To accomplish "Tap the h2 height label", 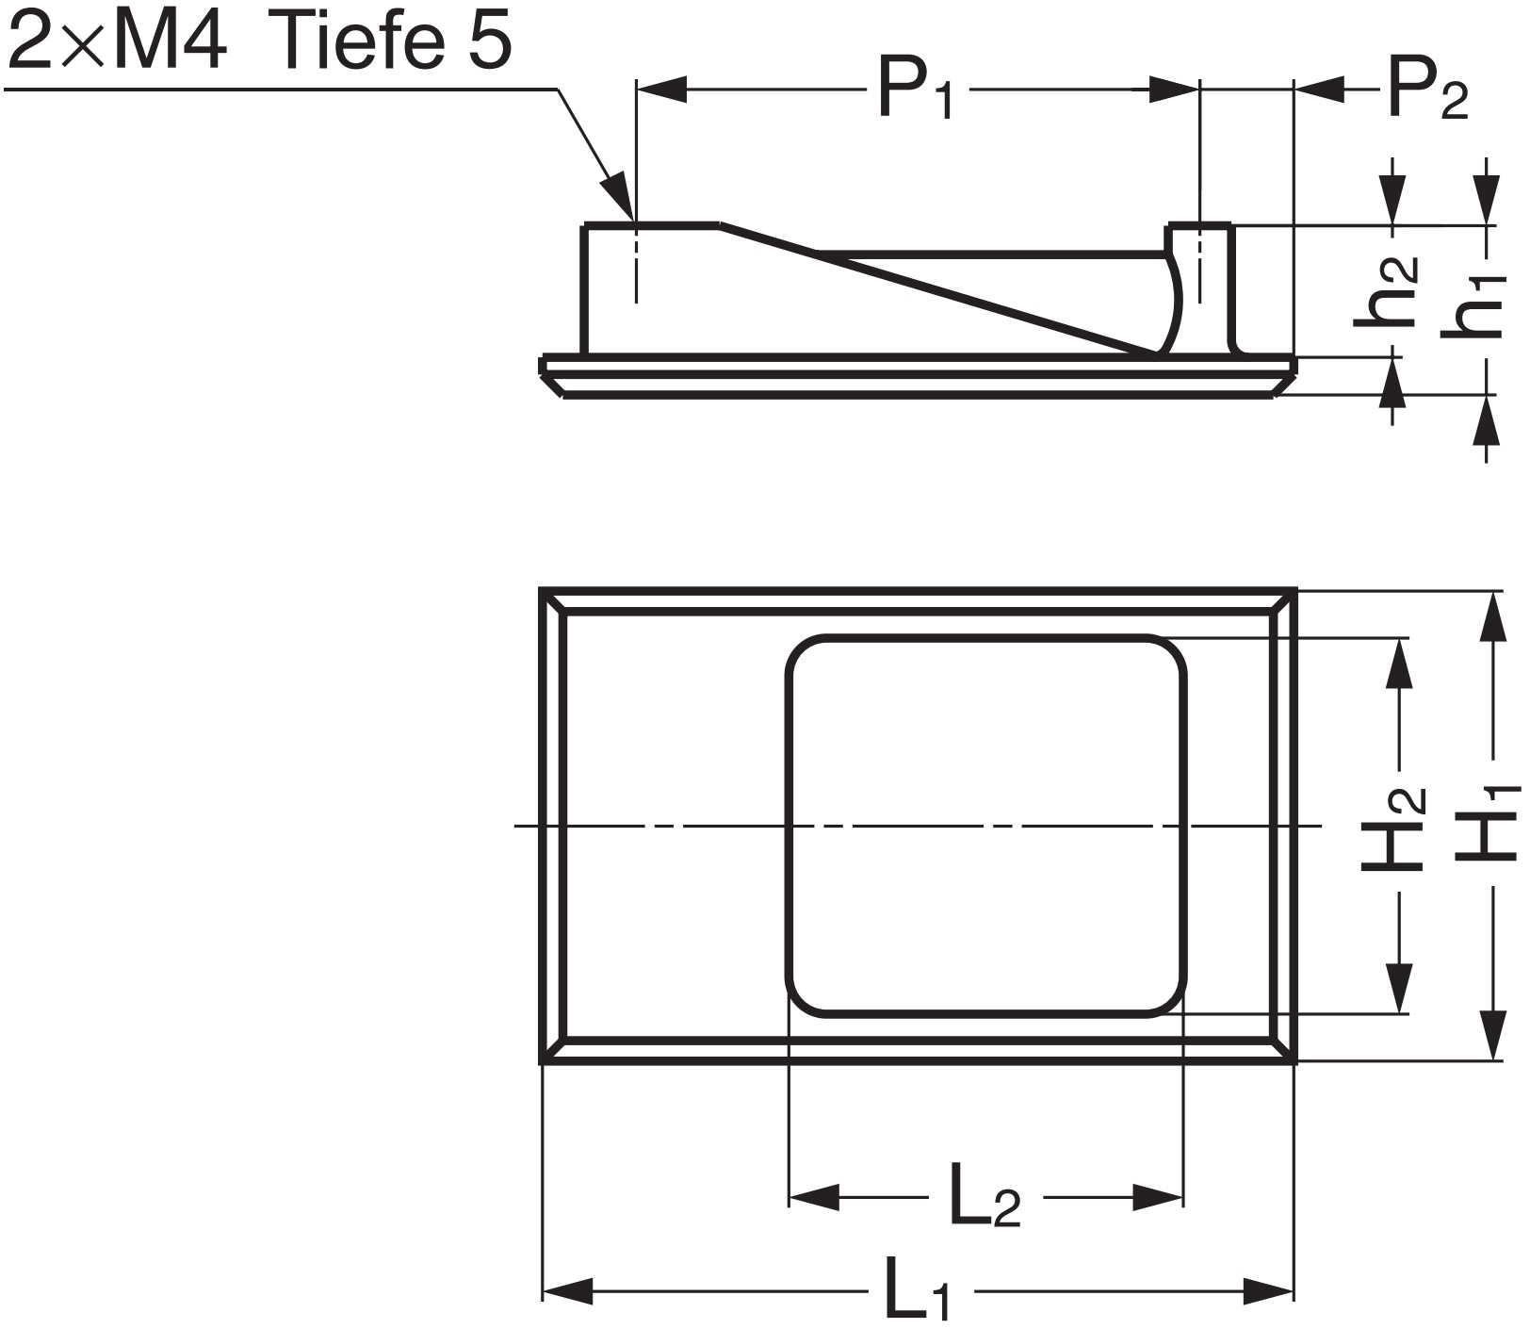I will [x=1387, y=292].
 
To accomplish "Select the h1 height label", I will [x=1475, y=306].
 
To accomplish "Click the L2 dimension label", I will [x=985, y=1197].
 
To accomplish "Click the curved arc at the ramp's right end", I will [x=1174, y=302].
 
